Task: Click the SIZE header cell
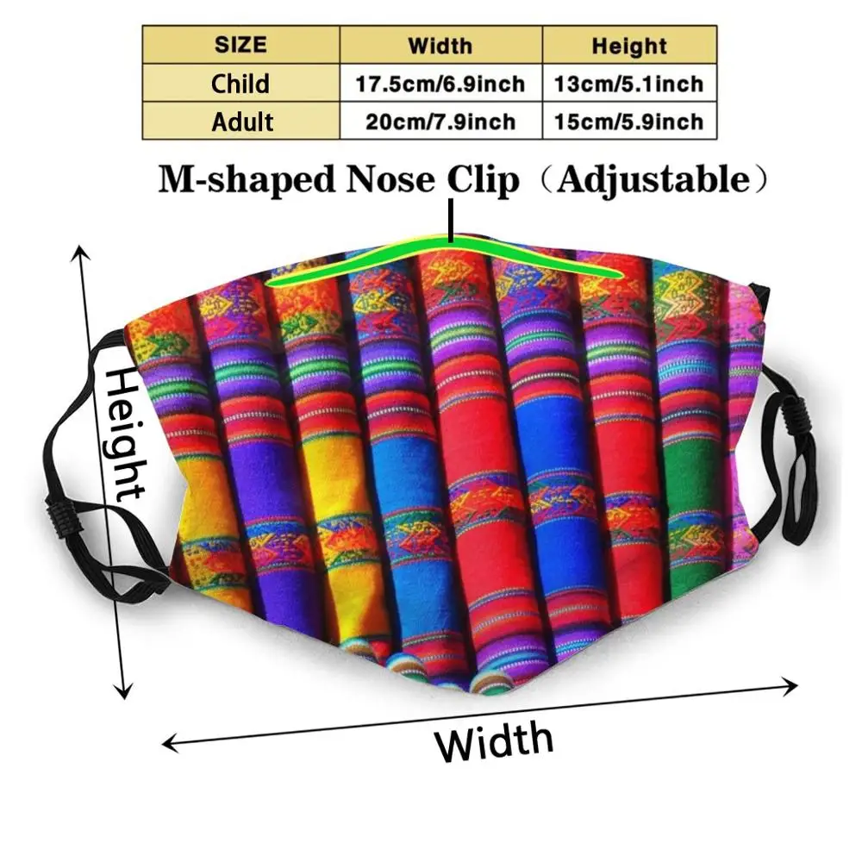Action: click(240, 44)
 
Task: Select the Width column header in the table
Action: click(440, 45)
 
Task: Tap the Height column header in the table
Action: click(629, 45)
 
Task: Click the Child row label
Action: click(240, 84)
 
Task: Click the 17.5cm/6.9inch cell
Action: click(440, 84)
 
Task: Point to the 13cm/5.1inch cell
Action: click(629, 84)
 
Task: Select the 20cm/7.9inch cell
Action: click(440, 121)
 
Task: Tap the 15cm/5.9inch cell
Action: click(629, 121)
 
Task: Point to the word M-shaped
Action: click(245, 179)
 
